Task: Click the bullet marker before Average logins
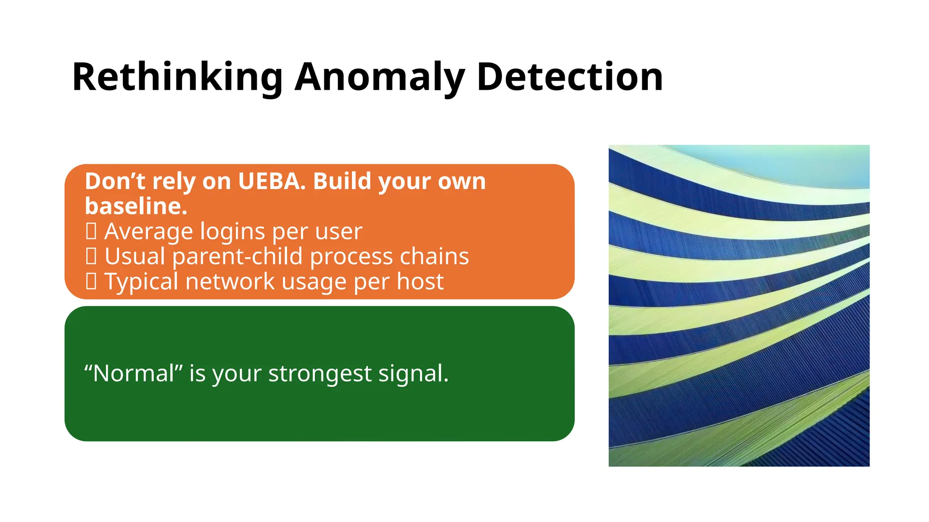click(91, 232)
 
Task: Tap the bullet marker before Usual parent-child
click(91, 256)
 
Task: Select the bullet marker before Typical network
click(91, 281)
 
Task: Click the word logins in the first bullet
click(232, 232)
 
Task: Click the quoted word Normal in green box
click(134, 374)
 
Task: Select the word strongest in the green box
click(320, 374)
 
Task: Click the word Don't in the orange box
click(115, 181)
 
